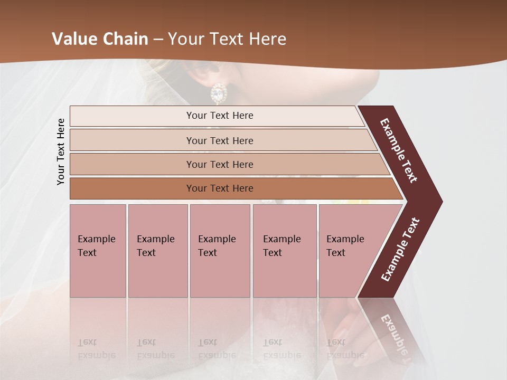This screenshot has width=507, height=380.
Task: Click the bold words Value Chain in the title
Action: pyautogui.click(x=100, y=39)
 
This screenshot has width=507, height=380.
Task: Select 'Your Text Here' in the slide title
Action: pyautogui.click(x=227, y=39)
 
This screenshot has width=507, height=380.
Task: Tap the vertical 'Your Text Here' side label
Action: pyautogui.click(x=61, y=151)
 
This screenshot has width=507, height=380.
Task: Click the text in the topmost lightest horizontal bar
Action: pyautogui.click(x=220, y=116)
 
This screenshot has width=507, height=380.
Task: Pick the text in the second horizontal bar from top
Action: pyautogui.click(x=220, y=141)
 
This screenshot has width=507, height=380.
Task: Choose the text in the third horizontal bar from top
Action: pyautogui.click(x=220, y=165)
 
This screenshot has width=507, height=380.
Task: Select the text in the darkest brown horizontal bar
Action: pyautogui.click(x=220, y=188)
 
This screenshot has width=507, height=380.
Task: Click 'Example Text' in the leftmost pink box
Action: pyautogui.click(x=96, y=246)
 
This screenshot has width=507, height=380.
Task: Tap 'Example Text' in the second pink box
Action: pyautogui.click(x=155, y=246)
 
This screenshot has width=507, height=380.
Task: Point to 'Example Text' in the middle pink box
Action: pyautogui.click(x=217, y=246)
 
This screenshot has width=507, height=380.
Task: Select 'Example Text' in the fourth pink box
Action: pyautogui.click(x=281, y=246)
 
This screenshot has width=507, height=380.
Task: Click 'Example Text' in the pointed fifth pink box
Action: pyautogui.click(x=345, y=246)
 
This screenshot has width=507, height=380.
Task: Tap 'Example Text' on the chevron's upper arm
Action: pyautogui.click(x=399, y=150)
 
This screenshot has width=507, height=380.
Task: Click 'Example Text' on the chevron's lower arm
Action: pyautogui.click(x=400, y=250)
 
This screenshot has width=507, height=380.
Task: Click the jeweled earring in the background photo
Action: pyautogui.click(x=218, y=93)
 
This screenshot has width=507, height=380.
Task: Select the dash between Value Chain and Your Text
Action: pyautogui.click(x=158, y=39)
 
